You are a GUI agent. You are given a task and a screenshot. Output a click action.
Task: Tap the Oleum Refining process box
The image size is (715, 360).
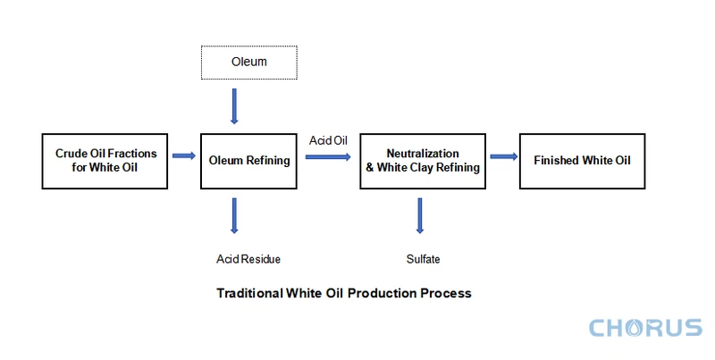point(249,161)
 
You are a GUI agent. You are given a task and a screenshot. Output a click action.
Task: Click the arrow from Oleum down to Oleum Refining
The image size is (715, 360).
point(235,105)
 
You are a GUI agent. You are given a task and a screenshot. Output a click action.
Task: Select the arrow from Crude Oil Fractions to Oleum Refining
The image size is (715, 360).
point(184,156)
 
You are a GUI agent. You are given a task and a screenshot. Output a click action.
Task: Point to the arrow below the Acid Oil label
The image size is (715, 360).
point(327,156)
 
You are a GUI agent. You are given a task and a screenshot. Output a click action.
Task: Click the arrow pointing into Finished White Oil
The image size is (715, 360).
point(503,156)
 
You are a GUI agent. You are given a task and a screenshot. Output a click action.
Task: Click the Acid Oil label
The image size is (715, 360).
point(327,140)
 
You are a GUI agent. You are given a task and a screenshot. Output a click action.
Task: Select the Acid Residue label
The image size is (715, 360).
point(248,259)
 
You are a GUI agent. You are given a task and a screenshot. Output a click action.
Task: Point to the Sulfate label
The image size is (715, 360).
point(424,259)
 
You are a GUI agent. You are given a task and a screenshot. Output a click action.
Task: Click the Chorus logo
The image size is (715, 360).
point(645,328)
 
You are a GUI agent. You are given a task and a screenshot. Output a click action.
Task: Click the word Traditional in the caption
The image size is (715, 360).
point(247,292)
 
